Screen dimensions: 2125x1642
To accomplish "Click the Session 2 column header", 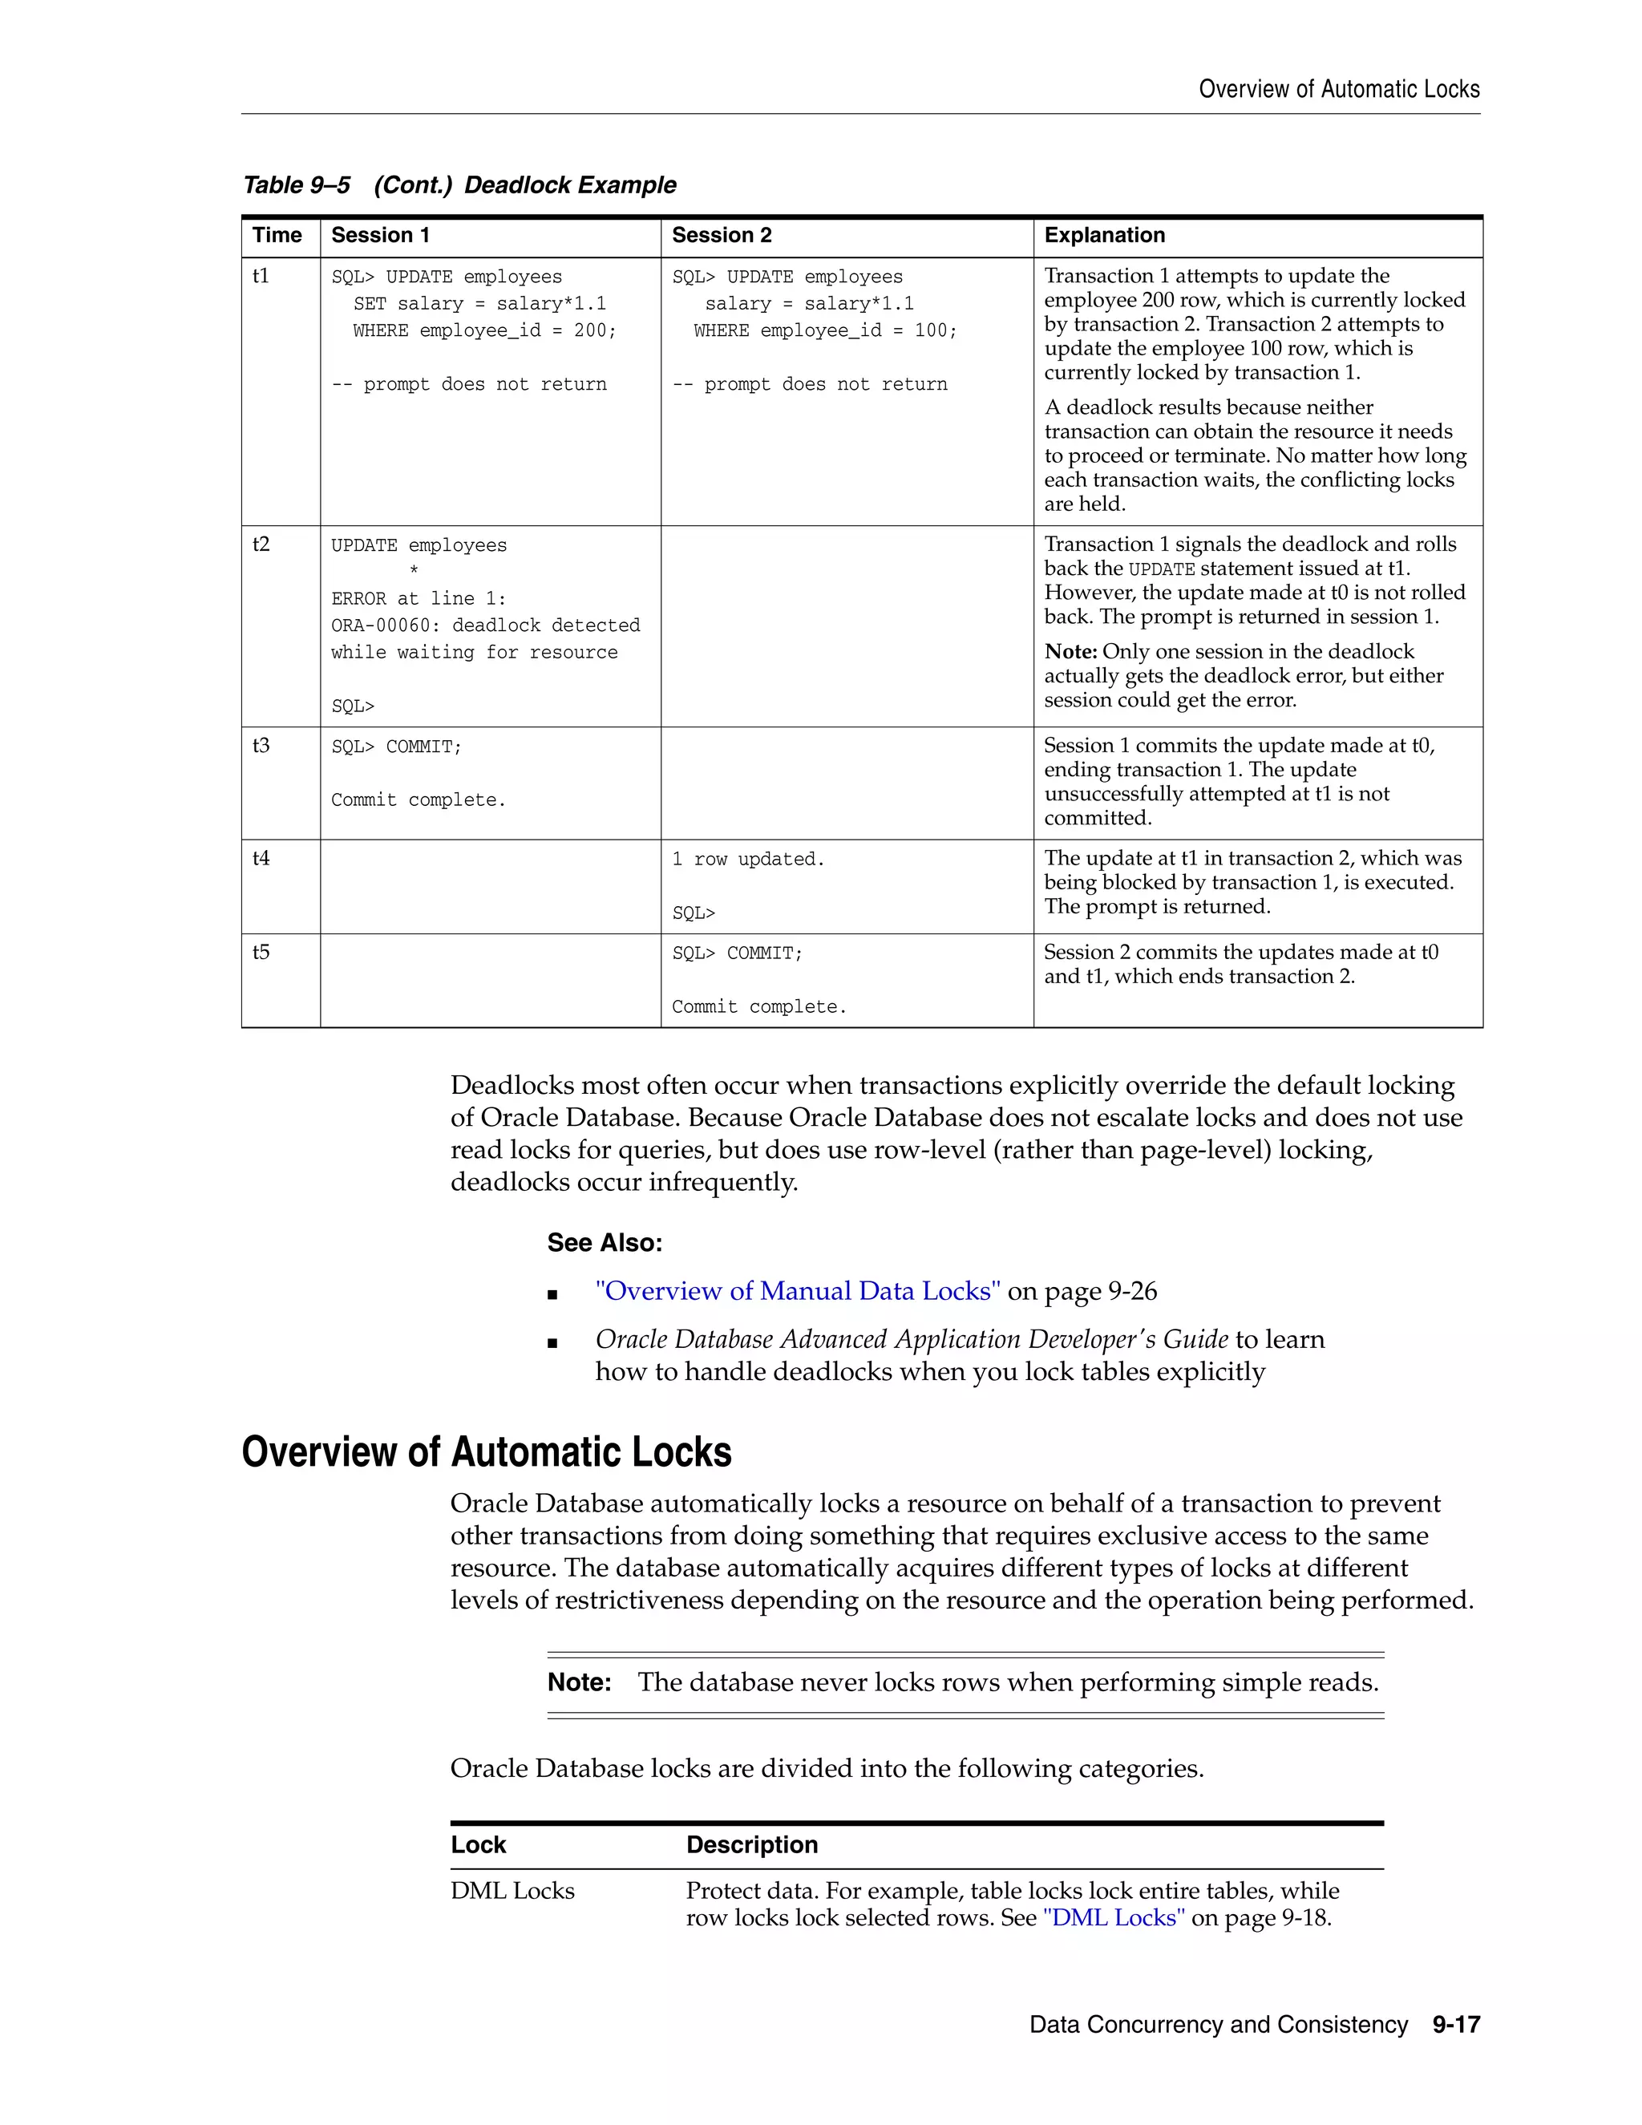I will click(x=721, y=236).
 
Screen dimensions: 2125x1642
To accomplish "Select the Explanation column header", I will click(x=1103, y=236).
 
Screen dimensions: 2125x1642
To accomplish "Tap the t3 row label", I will click(x=261, y=745).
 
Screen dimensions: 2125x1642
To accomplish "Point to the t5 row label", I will click(x=261, y=952).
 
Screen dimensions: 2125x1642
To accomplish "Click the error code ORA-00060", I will click(x=385, y=625).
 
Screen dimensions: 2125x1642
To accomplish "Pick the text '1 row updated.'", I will click(x=747, y=859).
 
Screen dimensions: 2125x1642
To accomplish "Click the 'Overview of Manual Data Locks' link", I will click(x=798, y=1291).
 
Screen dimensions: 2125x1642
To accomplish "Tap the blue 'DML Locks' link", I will click(x=1113, y=1918).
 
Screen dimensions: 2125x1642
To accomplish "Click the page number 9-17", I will click(x=1455, y=2025).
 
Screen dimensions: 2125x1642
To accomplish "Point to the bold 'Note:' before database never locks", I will click(x=579, y=1682).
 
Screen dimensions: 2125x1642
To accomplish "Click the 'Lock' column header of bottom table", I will click(x=478, y=1845).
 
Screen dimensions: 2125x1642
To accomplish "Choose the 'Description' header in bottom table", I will click(x=751, y=1845).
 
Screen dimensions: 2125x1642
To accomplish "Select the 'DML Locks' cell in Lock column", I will click(x=512, y=1891).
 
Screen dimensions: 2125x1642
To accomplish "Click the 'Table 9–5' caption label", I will click(x=296, y=185).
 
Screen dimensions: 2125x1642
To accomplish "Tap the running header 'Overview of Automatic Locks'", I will click(x=1338, y=90).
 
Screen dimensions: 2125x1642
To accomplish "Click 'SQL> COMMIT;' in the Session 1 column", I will click(x=396, y=747).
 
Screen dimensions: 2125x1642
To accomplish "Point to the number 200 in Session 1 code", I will click(x=589, y=331).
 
